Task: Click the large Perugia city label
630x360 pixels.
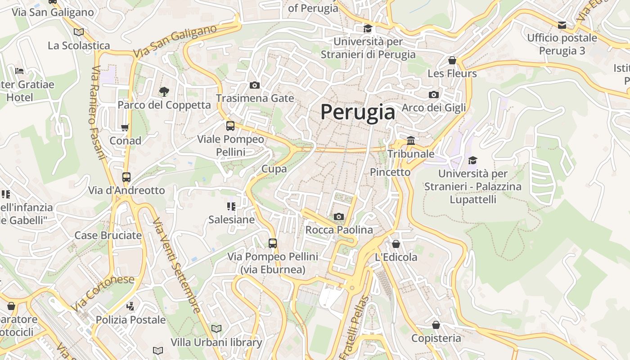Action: [x=358, y=112]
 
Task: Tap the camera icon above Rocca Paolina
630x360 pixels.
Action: [x=339, y=217]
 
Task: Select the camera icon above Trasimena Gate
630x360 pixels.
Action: [x=254, y=85]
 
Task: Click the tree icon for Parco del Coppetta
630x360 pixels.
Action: [x=164, y=92]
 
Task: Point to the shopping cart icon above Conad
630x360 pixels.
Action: [x=125, y=127]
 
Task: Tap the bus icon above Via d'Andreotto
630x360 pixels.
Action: [x=126, y=177]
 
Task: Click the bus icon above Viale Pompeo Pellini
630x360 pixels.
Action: [x=230, y=126]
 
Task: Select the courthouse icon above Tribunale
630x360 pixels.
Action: [x=410, y=141]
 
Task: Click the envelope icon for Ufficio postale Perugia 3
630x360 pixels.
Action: [x=562, y=25]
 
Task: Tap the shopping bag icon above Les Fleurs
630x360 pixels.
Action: [x=452, y=60]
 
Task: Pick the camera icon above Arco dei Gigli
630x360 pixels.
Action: [x=434, y=94]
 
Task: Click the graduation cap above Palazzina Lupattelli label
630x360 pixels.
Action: [x=472, y=161]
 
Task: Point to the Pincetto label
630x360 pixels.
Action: [x=390, y=172]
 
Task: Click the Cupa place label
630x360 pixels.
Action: [x=274, y=169]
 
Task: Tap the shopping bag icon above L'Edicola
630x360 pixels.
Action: [x=396, y=244]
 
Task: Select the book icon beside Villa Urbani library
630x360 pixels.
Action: [x=216, y=328]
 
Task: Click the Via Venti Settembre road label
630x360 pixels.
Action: [x=176, y=265]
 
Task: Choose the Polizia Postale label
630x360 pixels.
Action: [x=130, y=320]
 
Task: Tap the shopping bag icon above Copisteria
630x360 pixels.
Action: [x=436, y=325]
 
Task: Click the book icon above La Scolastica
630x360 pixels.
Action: [x=79, y=32]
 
